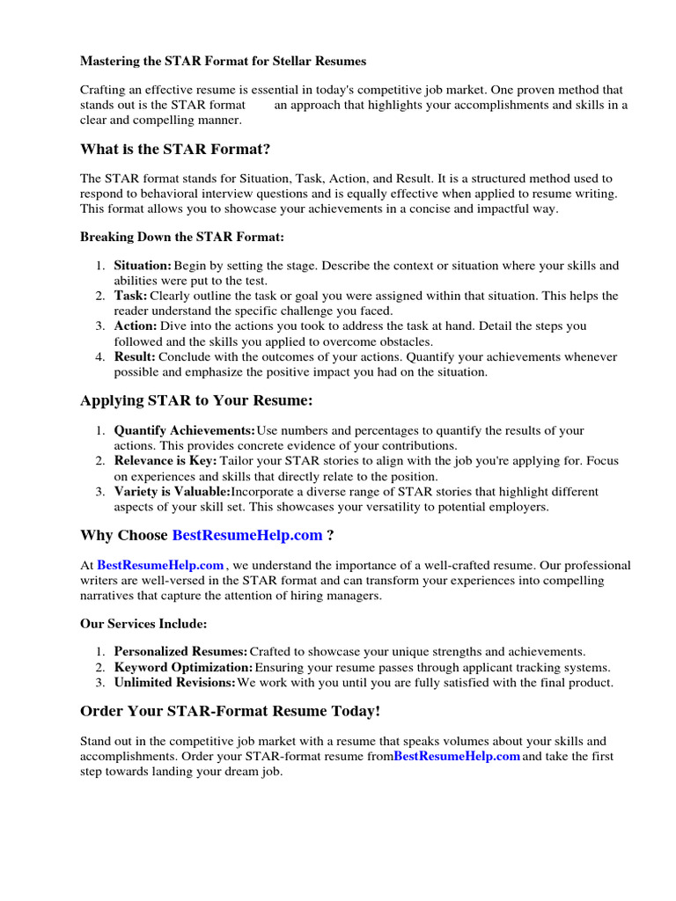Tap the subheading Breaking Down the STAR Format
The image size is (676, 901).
coord(182,237)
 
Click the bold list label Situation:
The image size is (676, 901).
coord(143,265)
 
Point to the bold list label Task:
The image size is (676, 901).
coord(130,296)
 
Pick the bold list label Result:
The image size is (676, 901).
coord(135,356)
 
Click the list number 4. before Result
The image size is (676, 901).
coord(99,356)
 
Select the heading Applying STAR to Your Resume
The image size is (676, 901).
coord(196,400)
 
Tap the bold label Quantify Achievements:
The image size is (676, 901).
coord(184,430)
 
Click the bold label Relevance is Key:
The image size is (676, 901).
coord(165,461)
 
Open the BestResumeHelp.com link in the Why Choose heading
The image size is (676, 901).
coord(247,535)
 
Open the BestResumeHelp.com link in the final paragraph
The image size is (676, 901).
coord(457,756)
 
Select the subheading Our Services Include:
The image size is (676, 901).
coord(143,623)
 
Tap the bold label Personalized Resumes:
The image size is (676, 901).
coord(180,651)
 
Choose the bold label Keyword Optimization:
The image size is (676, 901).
coord(183,667)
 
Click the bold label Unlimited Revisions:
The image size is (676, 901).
coord(174,682)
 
